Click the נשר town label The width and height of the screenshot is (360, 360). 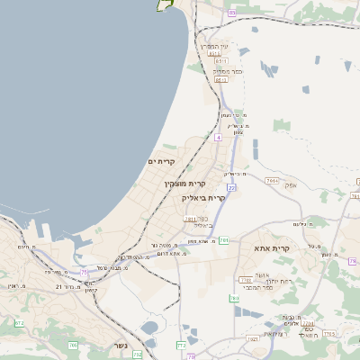tap(121, 346)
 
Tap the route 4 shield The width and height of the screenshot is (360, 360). tap(218, 137)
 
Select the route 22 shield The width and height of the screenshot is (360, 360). tap(231, 187)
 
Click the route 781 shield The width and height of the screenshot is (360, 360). tap(223, 240)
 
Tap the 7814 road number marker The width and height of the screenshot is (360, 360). tap(272, 181)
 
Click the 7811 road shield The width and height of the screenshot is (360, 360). tap(190, 218)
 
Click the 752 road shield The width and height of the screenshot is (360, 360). tap(138, 355)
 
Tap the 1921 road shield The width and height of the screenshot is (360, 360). tap(253, 338)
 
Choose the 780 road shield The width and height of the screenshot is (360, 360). tap(244, 280)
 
